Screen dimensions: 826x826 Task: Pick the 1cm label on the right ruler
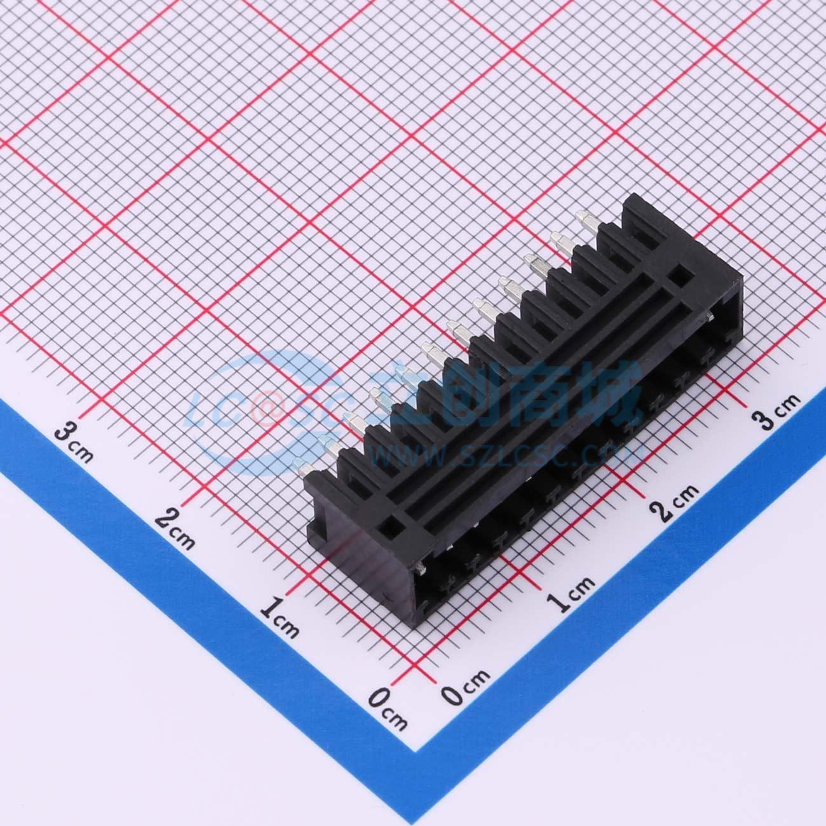point(572,594)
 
